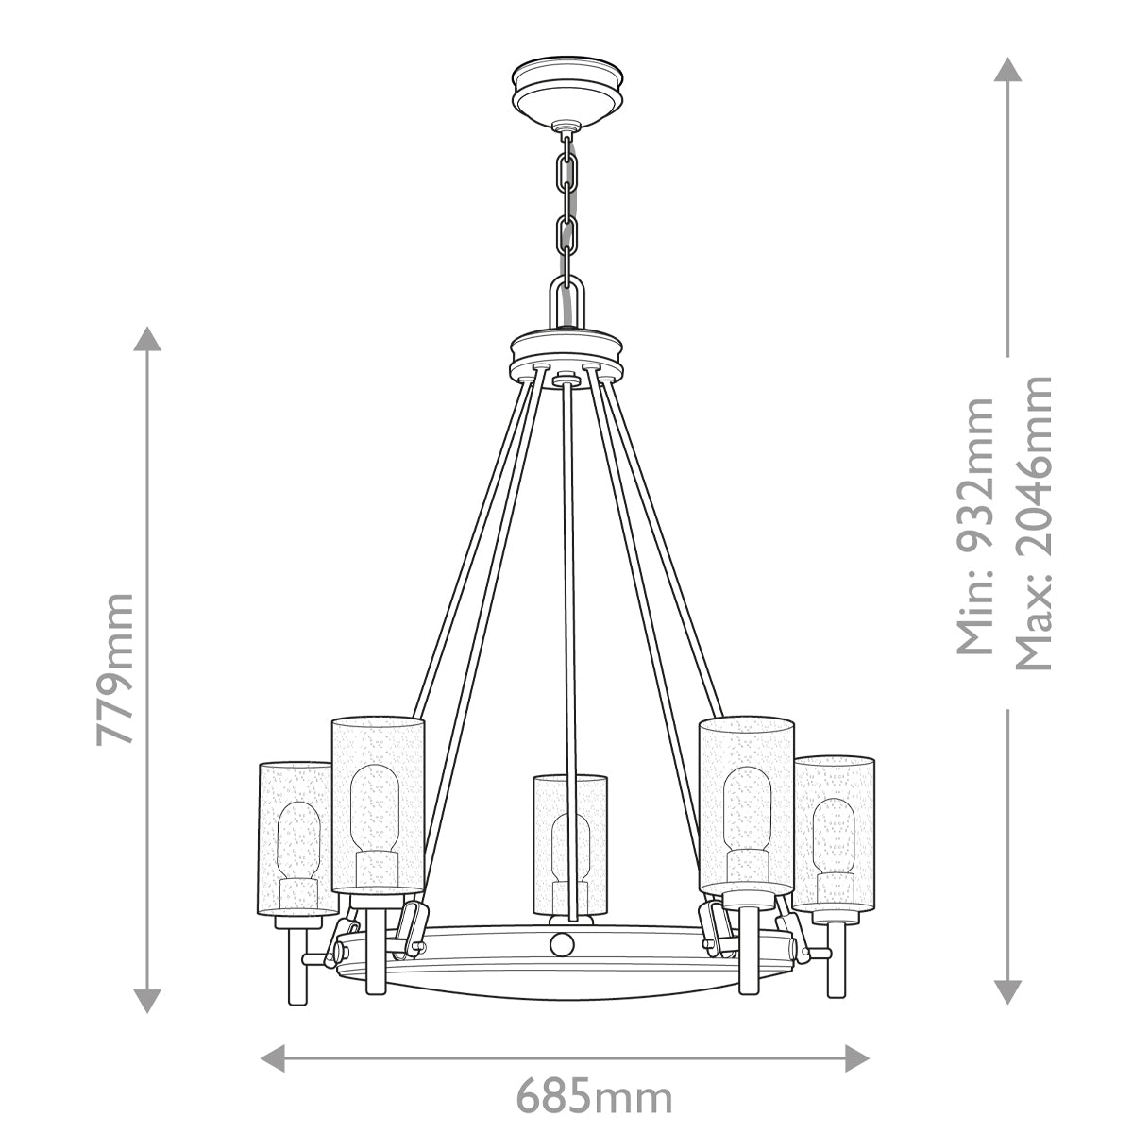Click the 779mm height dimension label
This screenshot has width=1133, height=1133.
click(x=114, y=668)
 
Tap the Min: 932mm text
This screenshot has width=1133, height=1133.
click(x=974, y=525)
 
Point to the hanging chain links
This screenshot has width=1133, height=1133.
click(x=566, y=203)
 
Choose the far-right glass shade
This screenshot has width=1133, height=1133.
click(x=834, y=831)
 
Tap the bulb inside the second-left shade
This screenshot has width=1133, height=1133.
click(x=376, y=812)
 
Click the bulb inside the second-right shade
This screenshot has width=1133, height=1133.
click(x=746, y=812)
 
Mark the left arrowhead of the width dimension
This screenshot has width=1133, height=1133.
click(x=272, y=1056)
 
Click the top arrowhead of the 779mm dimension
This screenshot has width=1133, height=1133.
click(x=145, y=338)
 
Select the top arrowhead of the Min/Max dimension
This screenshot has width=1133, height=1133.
click(x=1008, y=70)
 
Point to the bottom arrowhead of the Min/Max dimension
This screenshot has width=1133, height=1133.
click(x=1008, y=991)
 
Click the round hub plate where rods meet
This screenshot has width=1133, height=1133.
click(x=566, y=354)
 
